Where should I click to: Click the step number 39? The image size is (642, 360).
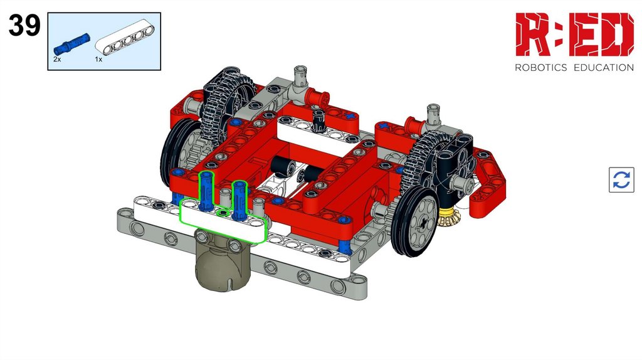24,25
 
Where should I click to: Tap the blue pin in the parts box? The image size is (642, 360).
71,44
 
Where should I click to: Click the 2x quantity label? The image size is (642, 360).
57,60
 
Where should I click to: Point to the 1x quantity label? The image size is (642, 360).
98,60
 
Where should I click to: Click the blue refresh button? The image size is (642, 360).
621,179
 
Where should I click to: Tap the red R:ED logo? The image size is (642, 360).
574,34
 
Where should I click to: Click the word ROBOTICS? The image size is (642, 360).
540,68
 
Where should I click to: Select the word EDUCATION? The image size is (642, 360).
604,68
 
